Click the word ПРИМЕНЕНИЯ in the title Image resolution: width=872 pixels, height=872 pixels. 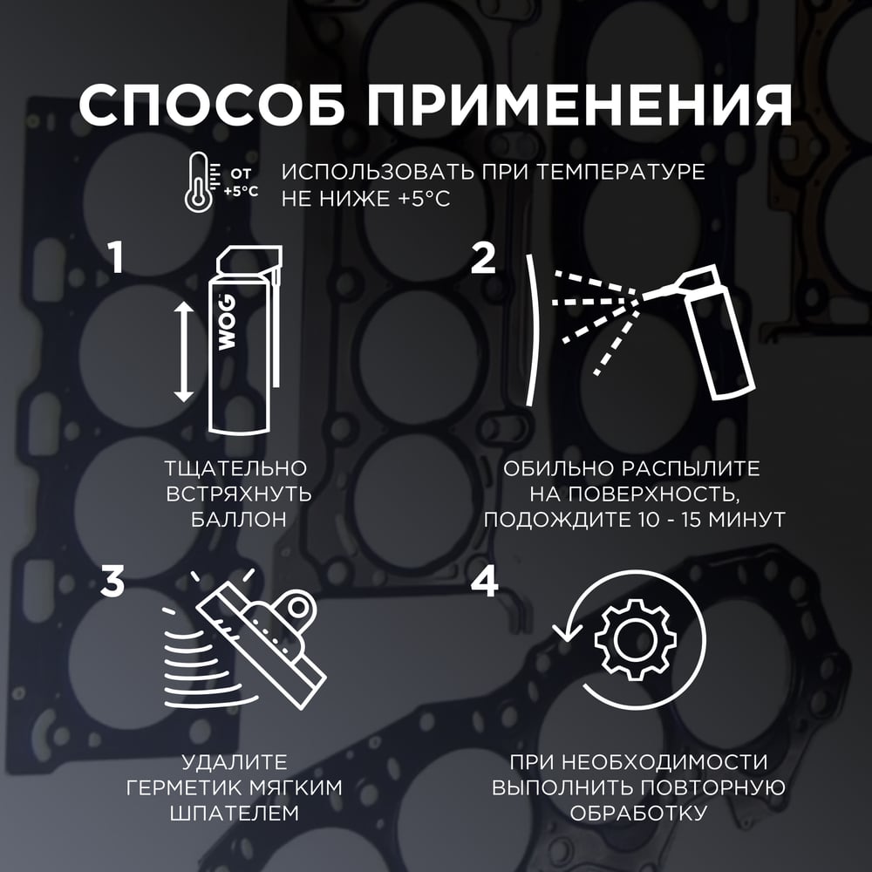[579, 106]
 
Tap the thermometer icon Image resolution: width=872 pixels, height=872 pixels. [198, 181]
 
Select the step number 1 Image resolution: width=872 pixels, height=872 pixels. [116, 259]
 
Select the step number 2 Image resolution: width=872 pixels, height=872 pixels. [483, 259]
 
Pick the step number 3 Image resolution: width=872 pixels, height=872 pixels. [112, 582]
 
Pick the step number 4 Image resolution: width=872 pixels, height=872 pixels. [484, 582]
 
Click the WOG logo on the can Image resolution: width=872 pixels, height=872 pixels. [227, 323]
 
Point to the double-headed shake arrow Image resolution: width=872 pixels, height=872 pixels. [183, 352]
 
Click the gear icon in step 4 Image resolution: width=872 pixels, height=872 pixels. [636, 639]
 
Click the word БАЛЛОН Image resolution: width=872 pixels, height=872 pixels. [239, 520]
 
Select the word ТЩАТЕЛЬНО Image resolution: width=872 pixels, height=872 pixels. [235, 468]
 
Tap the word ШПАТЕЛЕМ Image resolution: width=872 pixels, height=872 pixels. [234, 813]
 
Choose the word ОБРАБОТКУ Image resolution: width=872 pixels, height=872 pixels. [638, 813]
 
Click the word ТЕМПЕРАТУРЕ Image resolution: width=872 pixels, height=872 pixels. [621, 172]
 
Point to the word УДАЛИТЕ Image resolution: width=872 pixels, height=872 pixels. [234, 762]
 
